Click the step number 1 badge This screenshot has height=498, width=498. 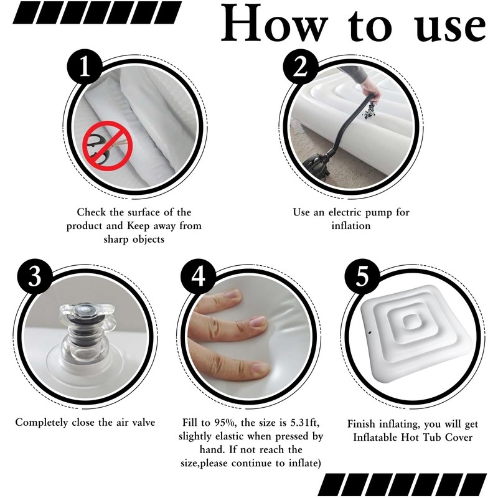tap(85, 67)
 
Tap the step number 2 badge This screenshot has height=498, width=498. tap(301, 67)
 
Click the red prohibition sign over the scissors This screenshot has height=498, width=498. tap(107, 146)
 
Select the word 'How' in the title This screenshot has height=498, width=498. tap(275, 24)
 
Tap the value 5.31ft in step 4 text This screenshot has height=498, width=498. tap(305, 423)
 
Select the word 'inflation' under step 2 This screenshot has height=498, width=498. tap(351, 226)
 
